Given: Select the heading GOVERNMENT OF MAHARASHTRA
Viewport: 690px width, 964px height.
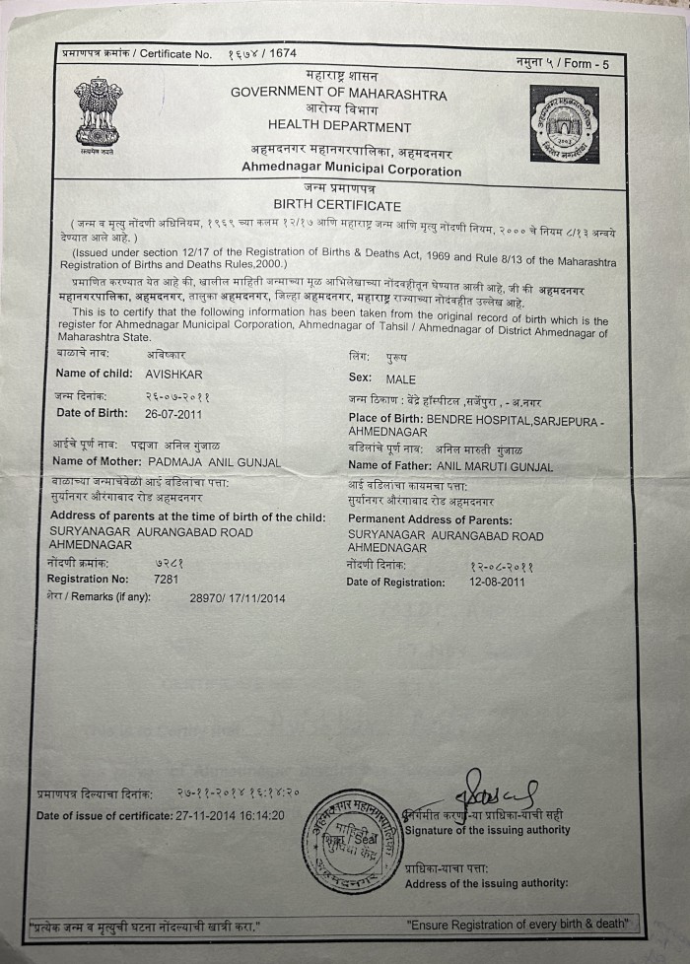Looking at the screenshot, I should click(338, 94).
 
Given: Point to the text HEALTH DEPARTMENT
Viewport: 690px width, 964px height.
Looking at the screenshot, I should click(339, 126).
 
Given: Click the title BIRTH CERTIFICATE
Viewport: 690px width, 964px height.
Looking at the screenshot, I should click(337, 206).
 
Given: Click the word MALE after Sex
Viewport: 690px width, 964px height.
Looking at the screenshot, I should click(401, 379).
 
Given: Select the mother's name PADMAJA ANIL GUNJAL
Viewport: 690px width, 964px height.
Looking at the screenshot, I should click(214, 462).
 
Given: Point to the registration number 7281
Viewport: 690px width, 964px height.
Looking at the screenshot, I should click(166, 580).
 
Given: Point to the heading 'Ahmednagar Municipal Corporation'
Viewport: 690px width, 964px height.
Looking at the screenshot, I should click(351, 171).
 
